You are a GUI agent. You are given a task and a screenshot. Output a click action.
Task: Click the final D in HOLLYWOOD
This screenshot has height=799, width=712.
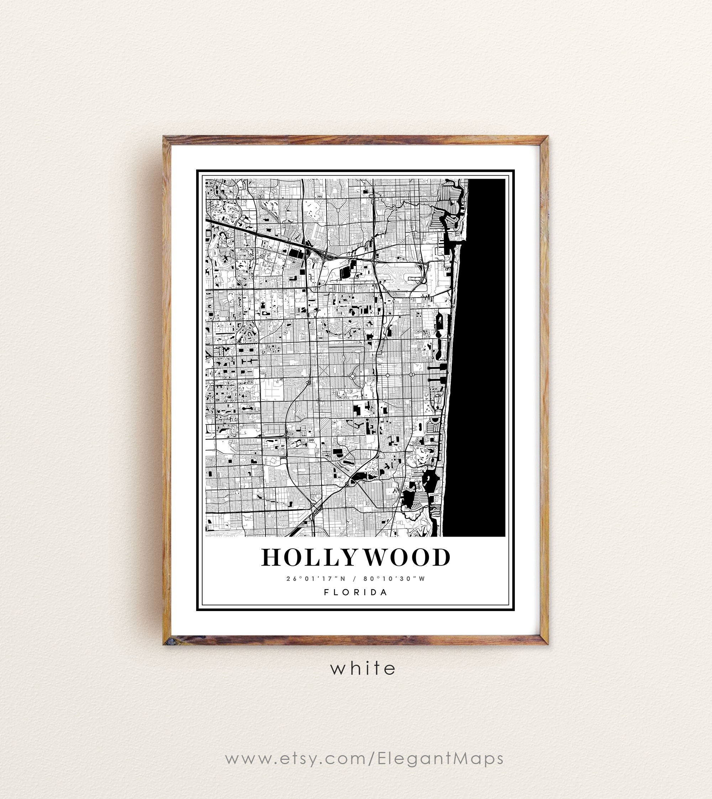point(442,557)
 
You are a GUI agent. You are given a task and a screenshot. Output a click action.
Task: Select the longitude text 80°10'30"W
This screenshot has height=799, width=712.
point(394,579)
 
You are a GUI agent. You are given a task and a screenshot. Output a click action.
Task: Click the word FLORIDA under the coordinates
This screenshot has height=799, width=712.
point(356,592)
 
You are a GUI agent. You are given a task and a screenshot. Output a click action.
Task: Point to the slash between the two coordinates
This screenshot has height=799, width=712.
point(354,579)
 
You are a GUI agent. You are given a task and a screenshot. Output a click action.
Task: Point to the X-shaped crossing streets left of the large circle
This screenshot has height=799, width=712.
point(308,381)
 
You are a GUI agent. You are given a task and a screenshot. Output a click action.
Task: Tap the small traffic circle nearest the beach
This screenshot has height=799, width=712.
point(412,375)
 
